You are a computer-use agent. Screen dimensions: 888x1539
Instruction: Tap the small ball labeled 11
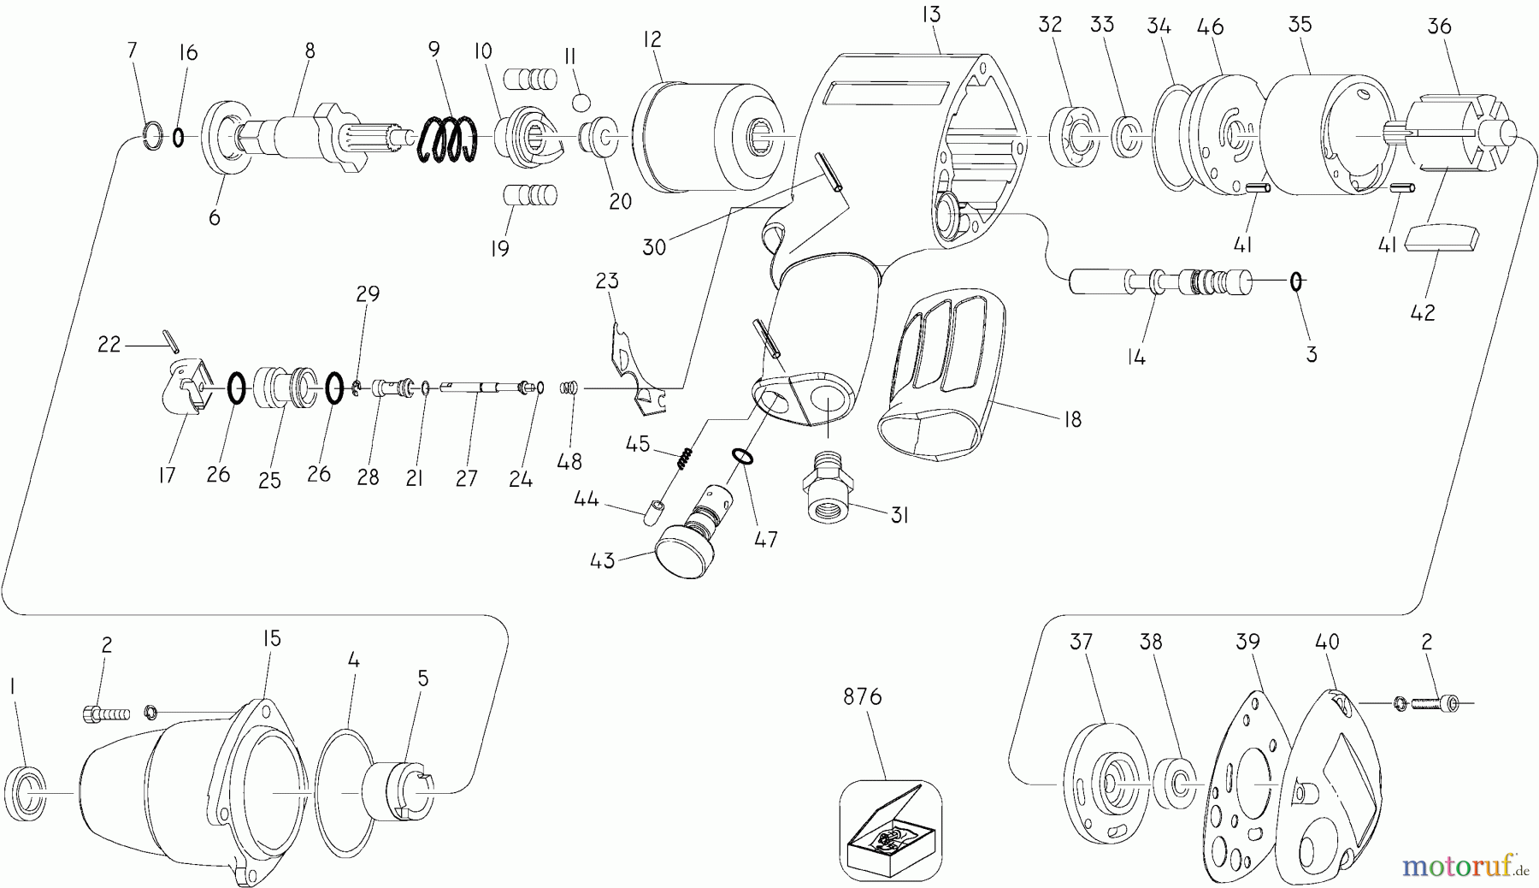581,103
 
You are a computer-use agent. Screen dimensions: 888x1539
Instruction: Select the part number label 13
932,14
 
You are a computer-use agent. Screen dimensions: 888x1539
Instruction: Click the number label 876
862,697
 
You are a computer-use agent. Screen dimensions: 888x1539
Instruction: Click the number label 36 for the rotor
1440,27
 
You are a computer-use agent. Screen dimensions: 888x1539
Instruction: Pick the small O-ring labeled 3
1296,281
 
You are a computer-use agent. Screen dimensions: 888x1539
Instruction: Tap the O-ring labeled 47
743,457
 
